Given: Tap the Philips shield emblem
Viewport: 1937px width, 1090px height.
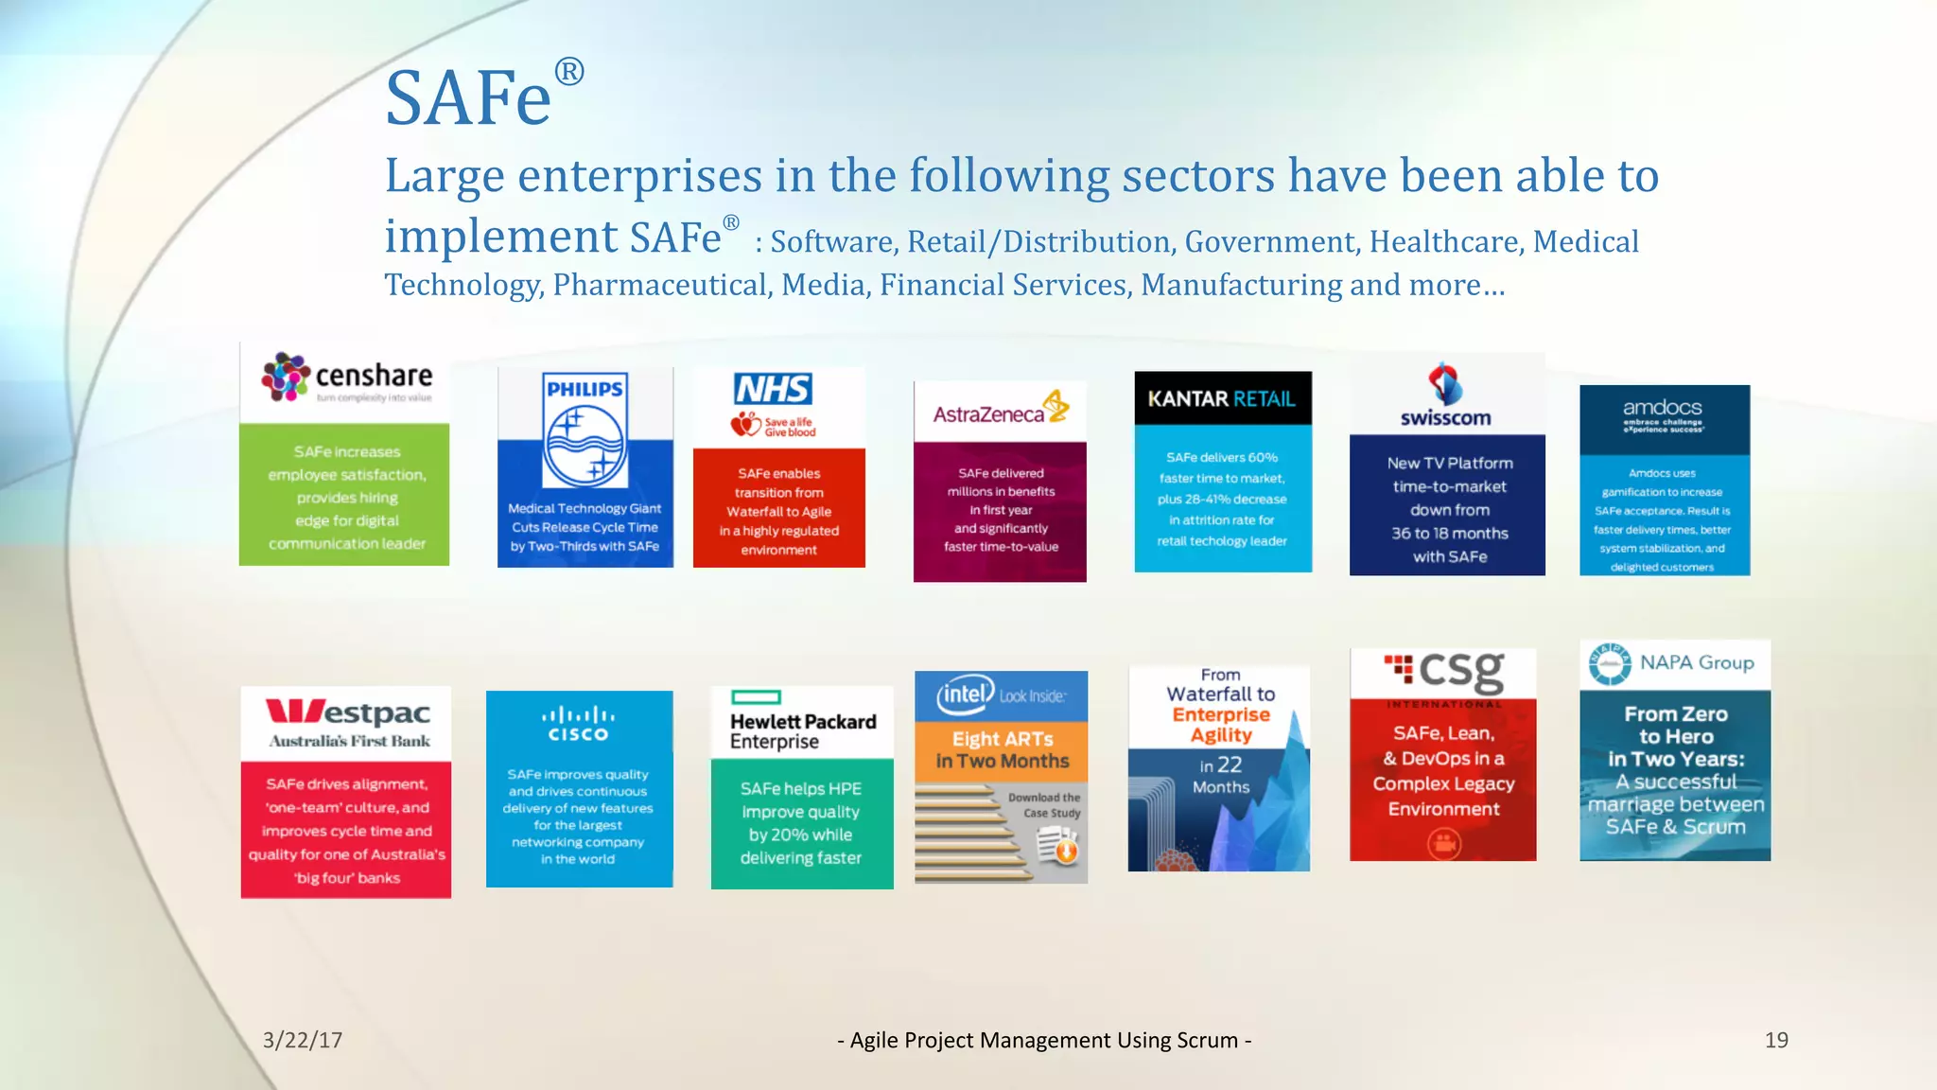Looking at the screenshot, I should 585,431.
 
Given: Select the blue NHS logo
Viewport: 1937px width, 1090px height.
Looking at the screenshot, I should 773,389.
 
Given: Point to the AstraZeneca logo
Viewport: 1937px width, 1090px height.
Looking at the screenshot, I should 1000,412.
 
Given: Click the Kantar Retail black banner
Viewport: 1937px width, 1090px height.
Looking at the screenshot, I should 1222,398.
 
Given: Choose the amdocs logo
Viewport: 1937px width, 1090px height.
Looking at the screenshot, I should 1663,413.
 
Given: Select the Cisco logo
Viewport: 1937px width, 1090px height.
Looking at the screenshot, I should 578,725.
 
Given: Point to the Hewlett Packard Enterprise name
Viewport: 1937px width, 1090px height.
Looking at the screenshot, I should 802,731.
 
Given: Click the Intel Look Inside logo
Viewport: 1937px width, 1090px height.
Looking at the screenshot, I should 1000,695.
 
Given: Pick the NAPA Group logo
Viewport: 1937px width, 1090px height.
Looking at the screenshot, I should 1672,663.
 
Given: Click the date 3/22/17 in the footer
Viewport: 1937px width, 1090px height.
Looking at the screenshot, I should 303,1040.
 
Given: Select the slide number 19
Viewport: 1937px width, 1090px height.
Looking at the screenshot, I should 1776,1040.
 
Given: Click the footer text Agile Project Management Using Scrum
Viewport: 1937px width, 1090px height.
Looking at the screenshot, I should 1044,1040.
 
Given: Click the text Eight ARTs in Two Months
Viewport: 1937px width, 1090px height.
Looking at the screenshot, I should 1002,749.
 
